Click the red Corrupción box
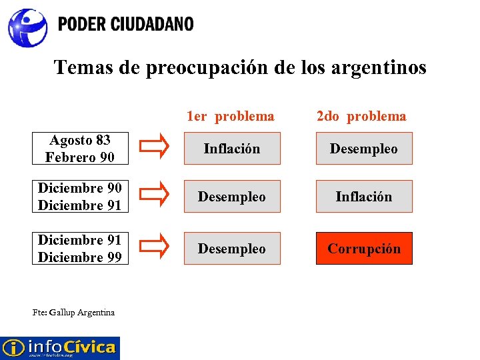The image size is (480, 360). point(364,249)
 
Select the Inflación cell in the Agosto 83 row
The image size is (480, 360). point(231,149)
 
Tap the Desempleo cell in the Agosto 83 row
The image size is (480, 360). point(364,149)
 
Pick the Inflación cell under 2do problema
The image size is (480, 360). point(364,197)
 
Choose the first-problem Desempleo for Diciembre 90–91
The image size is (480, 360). point(231,197)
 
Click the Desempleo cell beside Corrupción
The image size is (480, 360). point(231,249)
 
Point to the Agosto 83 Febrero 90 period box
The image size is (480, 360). point(80,149)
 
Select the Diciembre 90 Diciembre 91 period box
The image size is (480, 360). point(80,197)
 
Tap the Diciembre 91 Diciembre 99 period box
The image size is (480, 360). point(80,249)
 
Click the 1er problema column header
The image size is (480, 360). point(231,117)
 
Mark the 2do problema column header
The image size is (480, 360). point(361,117)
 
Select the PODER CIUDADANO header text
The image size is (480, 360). point(125,25)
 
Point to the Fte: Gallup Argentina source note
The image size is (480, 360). point(73,312)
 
